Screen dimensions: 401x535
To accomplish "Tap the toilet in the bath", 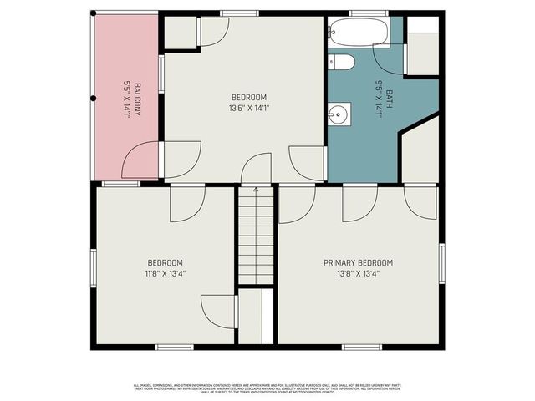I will coord(341,61).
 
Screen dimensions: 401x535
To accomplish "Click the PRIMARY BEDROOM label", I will coord(358,262).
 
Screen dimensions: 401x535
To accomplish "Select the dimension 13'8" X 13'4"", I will coord(358,272).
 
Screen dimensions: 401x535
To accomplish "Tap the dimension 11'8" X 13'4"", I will coord(165,272).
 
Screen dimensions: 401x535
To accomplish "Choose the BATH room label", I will coord(390,99).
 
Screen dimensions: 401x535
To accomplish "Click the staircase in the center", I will coord(256,238).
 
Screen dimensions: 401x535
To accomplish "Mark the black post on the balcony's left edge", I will coord(93,98).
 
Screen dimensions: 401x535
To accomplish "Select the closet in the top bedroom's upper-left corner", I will coord(179,32).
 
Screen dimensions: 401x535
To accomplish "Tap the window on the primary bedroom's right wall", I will coord(441,263).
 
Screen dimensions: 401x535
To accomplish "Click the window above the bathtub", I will coord(362,13).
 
